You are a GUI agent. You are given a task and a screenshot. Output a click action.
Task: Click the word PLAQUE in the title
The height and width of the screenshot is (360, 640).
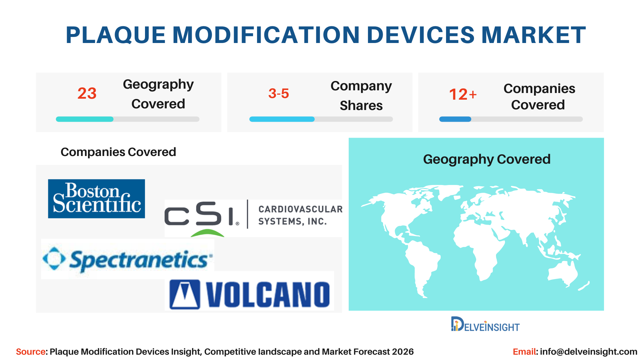(x=116, y=35)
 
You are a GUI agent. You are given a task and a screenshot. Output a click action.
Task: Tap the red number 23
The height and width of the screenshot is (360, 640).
(x=87, y=93)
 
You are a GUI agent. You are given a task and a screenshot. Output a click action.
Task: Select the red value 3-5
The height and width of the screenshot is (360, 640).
(x=279, y=93)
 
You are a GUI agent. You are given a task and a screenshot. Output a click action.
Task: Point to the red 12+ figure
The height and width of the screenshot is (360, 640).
(x=463, y=94)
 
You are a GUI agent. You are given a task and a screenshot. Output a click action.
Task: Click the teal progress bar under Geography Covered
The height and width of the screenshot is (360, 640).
(x=85, y=119)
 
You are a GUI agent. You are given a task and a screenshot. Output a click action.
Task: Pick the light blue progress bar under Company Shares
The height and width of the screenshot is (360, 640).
(x=282, y=119)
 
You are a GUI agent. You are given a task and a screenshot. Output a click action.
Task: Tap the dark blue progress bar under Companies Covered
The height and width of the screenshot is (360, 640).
(x=455, y=119)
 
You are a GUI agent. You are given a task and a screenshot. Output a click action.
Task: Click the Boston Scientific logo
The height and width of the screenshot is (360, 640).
(x=96, y=199)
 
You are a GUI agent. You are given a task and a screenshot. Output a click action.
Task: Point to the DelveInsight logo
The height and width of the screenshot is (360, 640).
(x=485, y=324)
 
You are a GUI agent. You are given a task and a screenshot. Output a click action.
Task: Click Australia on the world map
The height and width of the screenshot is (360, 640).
(x=563, y=274)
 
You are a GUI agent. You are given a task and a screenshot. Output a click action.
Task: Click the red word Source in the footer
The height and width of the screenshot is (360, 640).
(x=31, y=352)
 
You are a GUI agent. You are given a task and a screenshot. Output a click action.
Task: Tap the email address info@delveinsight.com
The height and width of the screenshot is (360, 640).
(x=589, y=352)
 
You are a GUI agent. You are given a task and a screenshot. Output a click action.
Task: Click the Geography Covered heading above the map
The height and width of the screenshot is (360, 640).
(x=487, y=160)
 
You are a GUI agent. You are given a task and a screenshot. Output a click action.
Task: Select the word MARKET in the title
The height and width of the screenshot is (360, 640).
(x=534, y=35)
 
